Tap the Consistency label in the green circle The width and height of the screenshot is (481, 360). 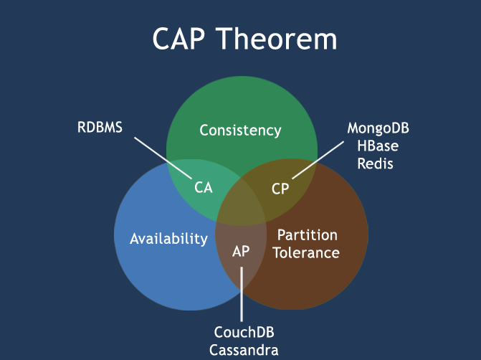click(x=240, y=131)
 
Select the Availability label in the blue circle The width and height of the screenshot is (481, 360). click(x=168, y=239)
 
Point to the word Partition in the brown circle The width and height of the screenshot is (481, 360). click(x=307, y=235)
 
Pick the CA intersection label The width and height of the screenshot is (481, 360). click(x=204, y=188)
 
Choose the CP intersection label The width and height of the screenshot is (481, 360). click(x=280, y=188)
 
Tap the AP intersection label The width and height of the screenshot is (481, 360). click(x=242, y=251)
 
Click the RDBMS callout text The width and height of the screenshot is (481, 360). click(x=100, y=128)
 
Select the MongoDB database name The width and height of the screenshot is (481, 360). click(x=378, y=128)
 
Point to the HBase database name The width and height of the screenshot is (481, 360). click(x=378, y=146)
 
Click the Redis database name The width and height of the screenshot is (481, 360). click(x=378, y=164)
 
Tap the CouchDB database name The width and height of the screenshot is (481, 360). click(x=244, y=333)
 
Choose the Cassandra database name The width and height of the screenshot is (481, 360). click(x=244, y=350)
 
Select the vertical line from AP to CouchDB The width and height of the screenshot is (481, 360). click(x=242, y=294)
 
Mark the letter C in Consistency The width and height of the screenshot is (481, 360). click(x=204, y=131)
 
